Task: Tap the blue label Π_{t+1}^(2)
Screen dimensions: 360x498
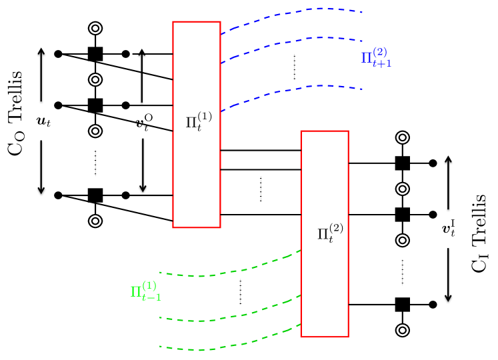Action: click(x=374, y=57)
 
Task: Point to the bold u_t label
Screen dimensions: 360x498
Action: click(x=43, y=122)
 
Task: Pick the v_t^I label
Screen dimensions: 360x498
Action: click(x=449, y=228)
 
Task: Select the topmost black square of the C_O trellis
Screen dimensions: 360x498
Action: click(x=95, y=54)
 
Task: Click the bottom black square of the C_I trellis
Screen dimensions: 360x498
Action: click(x=402, y=305)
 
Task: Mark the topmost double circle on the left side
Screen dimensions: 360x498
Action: click(x=95, y=29)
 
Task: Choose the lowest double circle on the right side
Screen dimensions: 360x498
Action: click(x=402, y=329)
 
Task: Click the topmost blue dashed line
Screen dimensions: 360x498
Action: click(x=293, y=13)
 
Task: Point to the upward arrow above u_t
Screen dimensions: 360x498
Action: click(x=41, y=73)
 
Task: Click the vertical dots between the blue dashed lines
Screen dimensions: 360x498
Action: click(x=294, y=67)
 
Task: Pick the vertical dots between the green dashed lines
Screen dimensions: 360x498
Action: click(x=240, y=292)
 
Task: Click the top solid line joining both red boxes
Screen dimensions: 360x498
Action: click(x=260, y=151)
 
